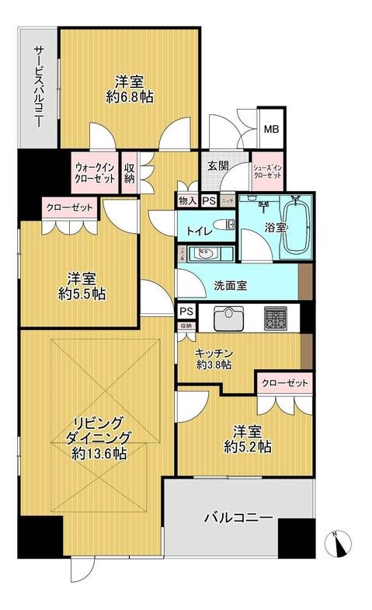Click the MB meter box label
272,131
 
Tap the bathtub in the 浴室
295,226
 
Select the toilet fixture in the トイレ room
226,227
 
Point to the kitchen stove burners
276,317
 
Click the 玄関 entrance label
217,165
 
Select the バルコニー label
238,517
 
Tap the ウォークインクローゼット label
96,172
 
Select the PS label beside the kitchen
185,311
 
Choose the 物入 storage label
187,200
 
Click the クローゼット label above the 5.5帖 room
69,208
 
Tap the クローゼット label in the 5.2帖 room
284,382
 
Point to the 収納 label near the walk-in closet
130,172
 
